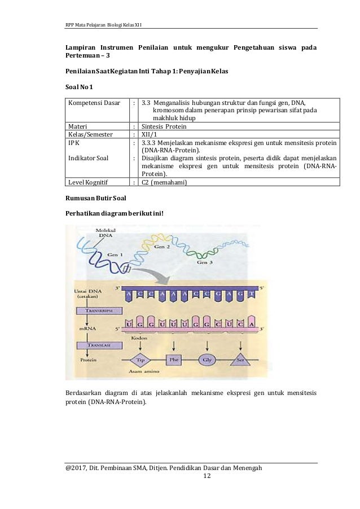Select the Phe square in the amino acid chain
click(173, 359)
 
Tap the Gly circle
click(207, 359)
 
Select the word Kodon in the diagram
click(138, 338)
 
